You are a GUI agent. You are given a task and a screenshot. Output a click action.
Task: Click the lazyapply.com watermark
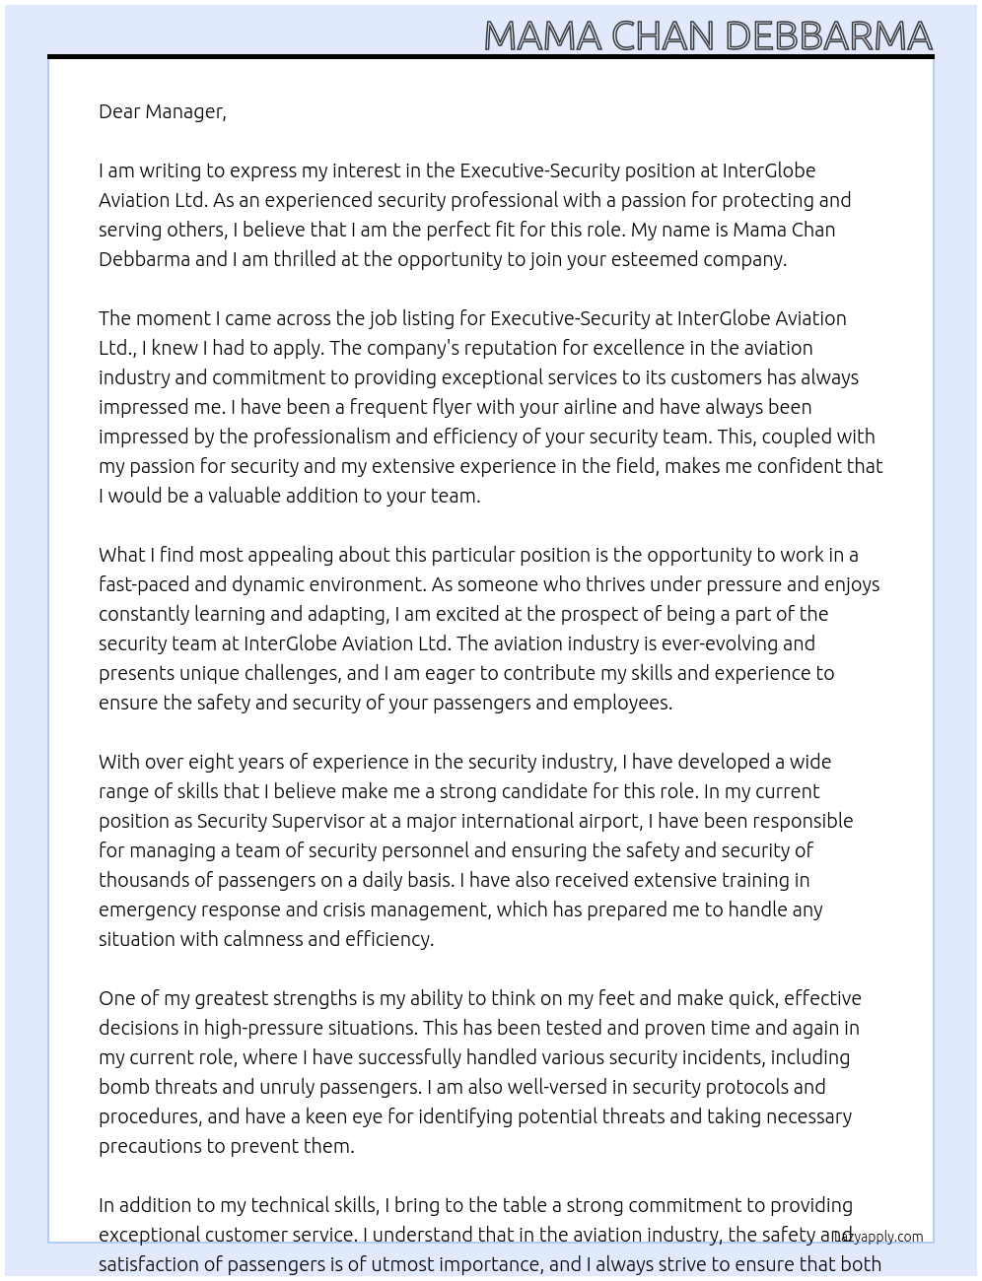(880, 1237)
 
